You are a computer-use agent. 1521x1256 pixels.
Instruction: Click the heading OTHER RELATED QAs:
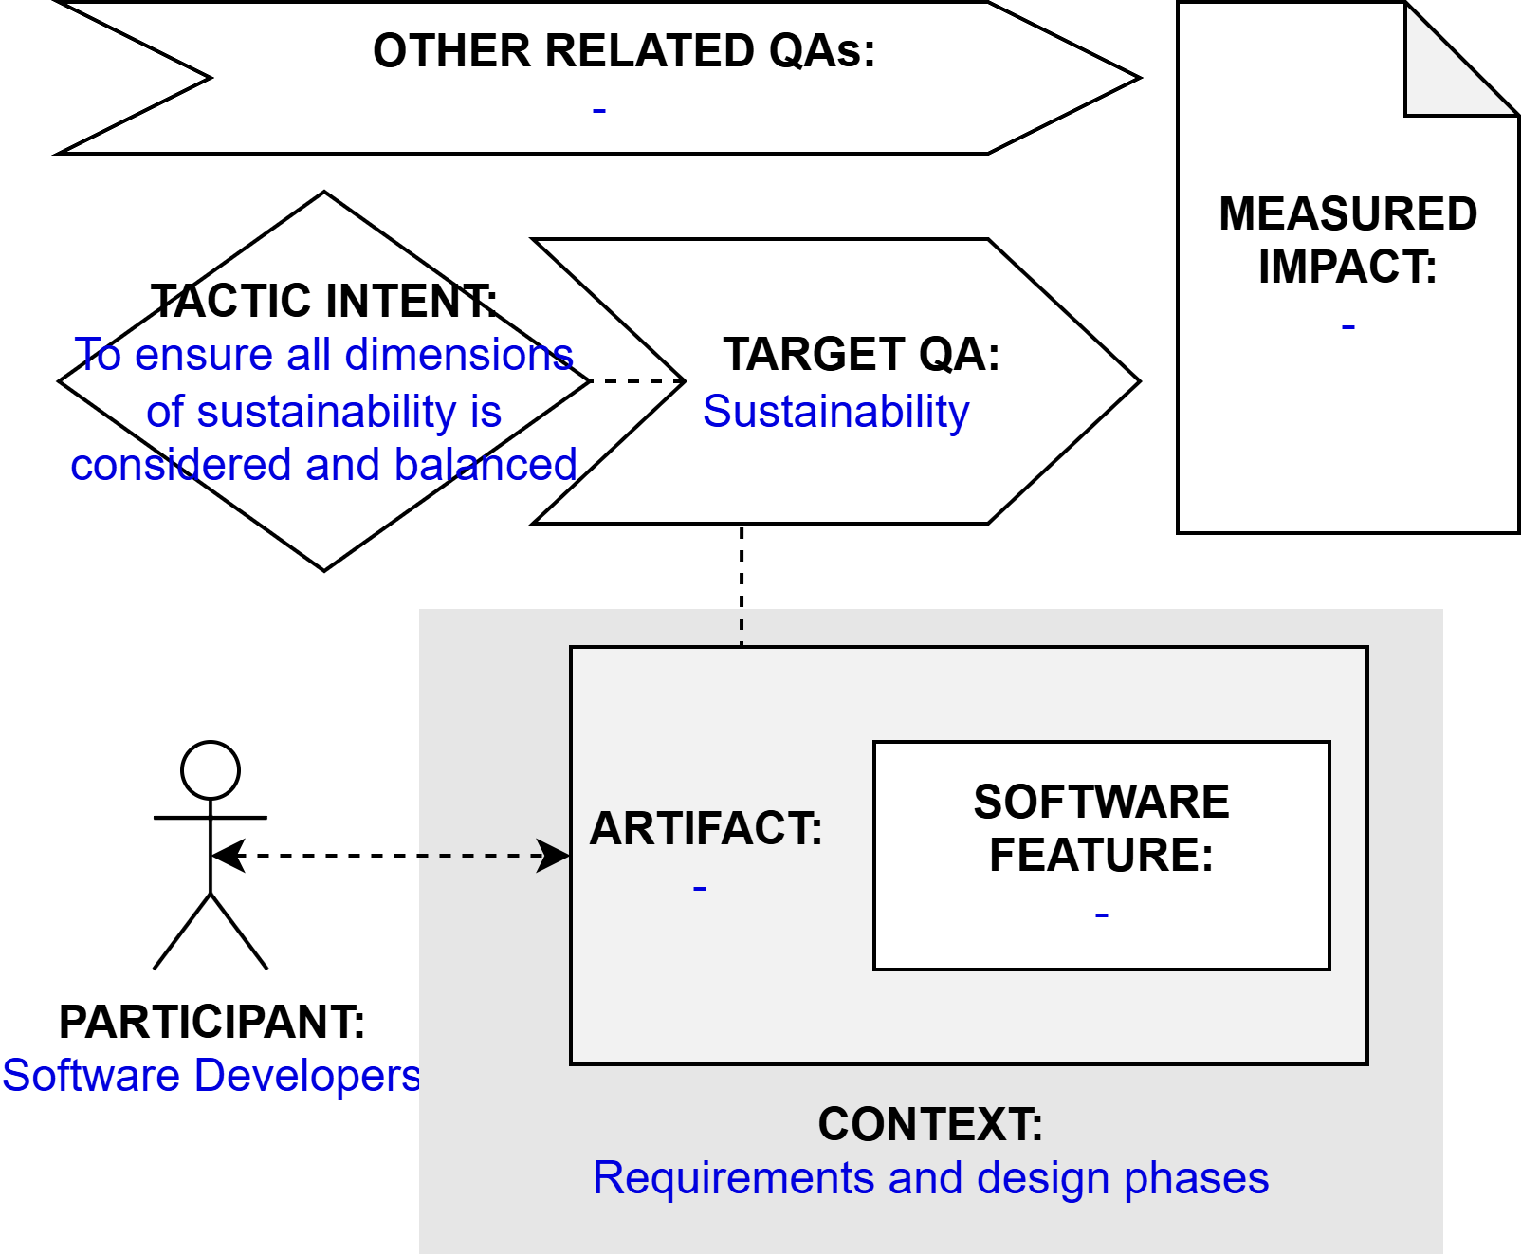pos(623,51)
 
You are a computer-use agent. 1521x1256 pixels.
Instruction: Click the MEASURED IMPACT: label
pos(1347,240)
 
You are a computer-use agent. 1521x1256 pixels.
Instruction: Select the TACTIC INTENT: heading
pos(323,302)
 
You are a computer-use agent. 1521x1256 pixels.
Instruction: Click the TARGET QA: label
pos(861,355)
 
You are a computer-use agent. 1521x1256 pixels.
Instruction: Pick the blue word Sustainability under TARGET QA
pos(835,412)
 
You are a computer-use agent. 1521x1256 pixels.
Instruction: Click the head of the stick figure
pos(211,769)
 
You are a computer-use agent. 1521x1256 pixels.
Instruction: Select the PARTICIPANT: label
pos(211,1022)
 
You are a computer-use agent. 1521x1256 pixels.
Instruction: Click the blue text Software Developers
pos(211,1076)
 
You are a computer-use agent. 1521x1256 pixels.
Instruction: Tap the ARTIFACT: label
pos(706,828)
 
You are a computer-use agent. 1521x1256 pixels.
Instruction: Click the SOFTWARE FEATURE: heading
pos(1101,828)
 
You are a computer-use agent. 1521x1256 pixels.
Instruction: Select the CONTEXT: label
pos(930,1125)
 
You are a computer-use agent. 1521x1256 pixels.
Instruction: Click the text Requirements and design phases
pos(930,1178)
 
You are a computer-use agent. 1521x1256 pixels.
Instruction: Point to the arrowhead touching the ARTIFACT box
pos(555,856)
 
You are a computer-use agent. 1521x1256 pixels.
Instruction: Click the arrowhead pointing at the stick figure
pos(227,856)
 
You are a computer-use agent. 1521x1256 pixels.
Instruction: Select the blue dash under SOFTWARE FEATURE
pos(1101,915)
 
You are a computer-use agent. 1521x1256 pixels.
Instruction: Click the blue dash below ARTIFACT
pos(700,889)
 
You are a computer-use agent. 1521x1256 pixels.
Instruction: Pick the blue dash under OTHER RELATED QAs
pos(599,111)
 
